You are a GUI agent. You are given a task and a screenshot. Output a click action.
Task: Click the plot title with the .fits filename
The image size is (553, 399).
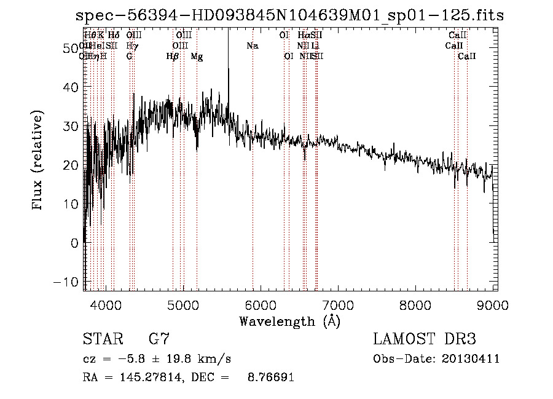pos(289,15)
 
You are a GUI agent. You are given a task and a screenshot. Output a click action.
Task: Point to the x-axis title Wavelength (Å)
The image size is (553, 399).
pos(289,321)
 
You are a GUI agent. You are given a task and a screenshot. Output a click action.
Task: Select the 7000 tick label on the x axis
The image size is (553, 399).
pos(337,304)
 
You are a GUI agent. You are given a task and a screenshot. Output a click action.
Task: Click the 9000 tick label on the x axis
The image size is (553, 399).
pos(492,304)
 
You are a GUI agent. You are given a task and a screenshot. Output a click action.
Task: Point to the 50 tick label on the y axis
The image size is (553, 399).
pos(71,49)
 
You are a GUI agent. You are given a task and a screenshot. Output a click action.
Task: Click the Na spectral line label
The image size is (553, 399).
pos(253,46)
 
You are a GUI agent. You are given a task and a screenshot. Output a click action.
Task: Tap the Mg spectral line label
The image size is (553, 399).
pos(197,57)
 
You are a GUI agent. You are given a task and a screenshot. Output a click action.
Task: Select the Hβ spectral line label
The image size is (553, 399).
pos(173,57)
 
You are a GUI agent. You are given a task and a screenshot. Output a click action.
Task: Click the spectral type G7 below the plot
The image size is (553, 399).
pos(159,339)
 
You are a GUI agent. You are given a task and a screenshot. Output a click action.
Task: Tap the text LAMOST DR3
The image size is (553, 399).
pos(425,339)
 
